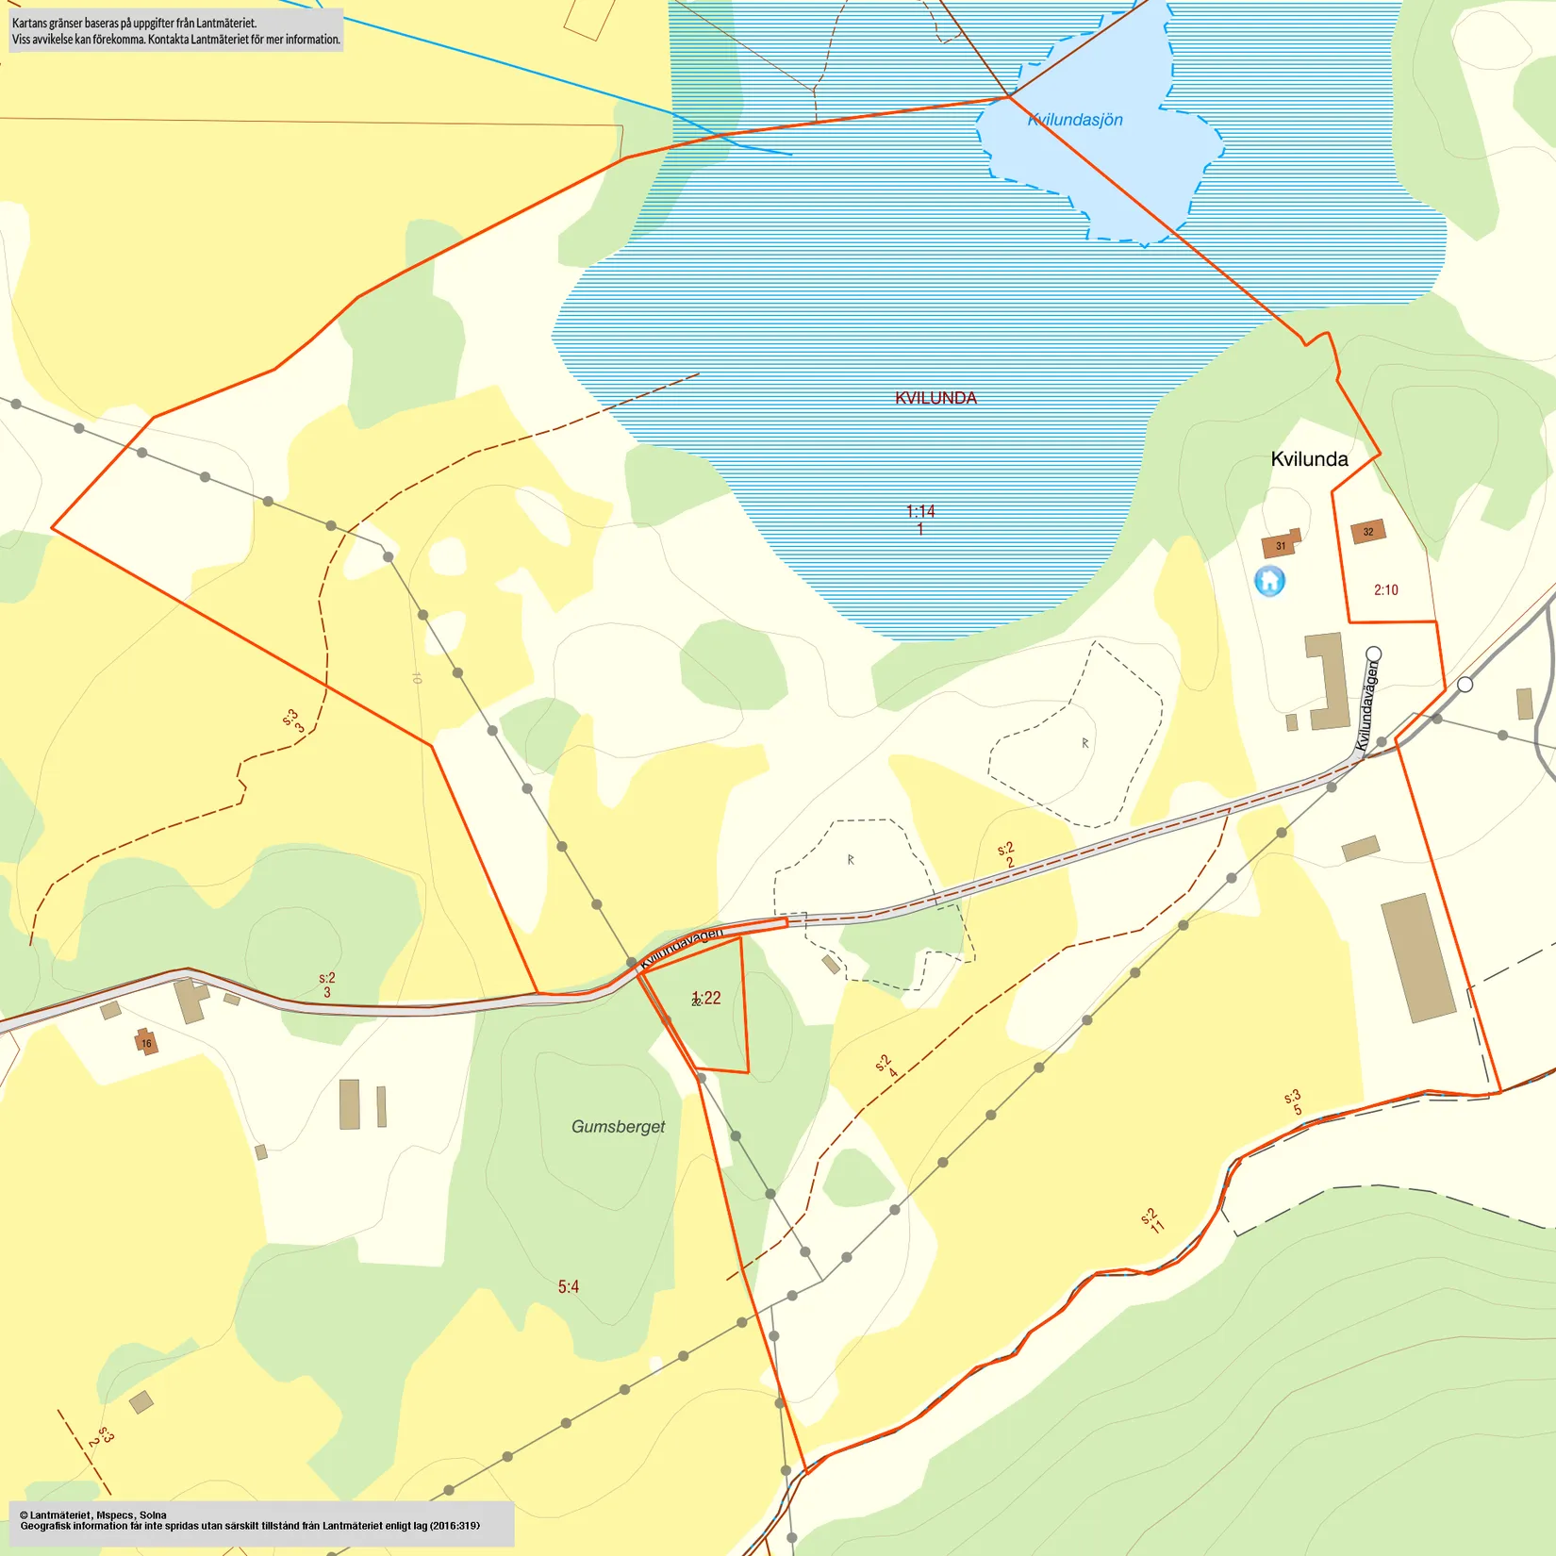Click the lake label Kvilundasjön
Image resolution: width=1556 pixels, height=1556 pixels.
click(1075, 120)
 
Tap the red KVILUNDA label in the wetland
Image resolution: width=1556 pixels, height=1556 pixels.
click(935, 398)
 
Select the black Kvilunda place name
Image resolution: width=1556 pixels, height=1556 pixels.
click(1309, 459)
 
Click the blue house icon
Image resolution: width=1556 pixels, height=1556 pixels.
click(1269, 580)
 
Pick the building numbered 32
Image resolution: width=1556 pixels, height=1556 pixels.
click(1368, 532)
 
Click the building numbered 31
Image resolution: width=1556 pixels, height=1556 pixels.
click(1280, 545)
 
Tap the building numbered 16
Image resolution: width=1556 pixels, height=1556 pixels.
click(146, 1042)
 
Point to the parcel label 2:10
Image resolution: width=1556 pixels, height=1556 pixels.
click(1385, 590)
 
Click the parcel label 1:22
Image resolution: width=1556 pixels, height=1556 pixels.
click(706, 998)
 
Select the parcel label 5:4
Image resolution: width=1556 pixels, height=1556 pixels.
click(568, 1286)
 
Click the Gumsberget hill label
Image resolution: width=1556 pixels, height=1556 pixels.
click(618, 1126)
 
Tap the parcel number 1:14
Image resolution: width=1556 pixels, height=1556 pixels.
click(920, 511)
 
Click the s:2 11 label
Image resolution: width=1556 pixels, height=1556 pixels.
click(1152, 1220)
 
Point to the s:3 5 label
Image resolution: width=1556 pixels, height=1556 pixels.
click(1294, 1102)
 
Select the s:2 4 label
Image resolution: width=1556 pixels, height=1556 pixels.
click(886, 1067)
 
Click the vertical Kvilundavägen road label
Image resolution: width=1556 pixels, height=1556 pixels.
click(1366, 705)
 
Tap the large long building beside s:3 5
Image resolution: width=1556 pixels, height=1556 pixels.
click(1417, 958)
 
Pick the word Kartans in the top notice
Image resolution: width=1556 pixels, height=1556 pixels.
click(29, 23)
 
